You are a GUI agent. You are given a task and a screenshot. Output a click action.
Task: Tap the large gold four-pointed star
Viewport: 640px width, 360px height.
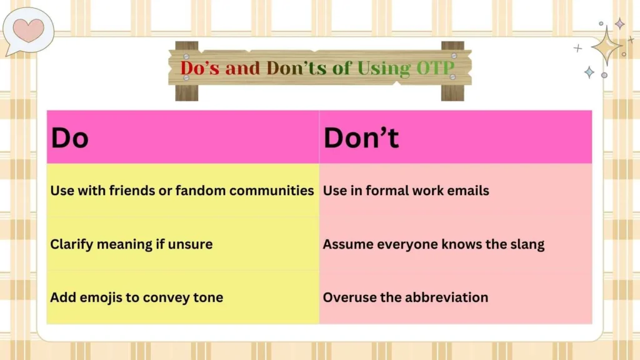606,46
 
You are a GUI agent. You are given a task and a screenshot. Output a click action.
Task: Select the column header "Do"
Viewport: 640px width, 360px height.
70,138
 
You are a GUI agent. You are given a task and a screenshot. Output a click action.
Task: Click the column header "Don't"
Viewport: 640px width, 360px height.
361,138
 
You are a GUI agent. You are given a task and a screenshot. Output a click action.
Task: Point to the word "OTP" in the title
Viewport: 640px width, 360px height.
434,67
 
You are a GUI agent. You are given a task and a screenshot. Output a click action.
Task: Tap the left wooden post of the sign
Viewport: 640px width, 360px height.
186,71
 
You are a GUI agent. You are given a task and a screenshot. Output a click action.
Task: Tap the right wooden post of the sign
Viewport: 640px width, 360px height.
452,71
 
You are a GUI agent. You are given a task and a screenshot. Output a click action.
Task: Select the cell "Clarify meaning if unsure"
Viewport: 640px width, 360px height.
131,244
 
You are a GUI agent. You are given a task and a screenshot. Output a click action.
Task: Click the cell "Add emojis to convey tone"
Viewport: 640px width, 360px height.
136,297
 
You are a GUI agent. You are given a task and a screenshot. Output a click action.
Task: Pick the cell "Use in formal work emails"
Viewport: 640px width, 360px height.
406,191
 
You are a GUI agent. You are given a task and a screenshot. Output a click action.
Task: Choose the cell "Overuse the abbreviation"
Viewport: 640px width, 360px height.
405,297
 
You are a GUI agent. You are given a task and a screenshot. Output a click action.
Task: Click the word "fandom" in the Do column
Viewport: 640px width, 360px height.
201,191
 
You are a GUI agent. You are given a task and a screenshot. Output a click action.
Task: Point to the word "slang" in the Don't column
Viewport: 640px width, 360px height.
526,244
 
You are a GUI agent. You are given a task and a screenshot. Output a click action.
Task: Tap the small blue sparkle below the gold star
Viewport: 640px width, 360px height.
589,72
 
